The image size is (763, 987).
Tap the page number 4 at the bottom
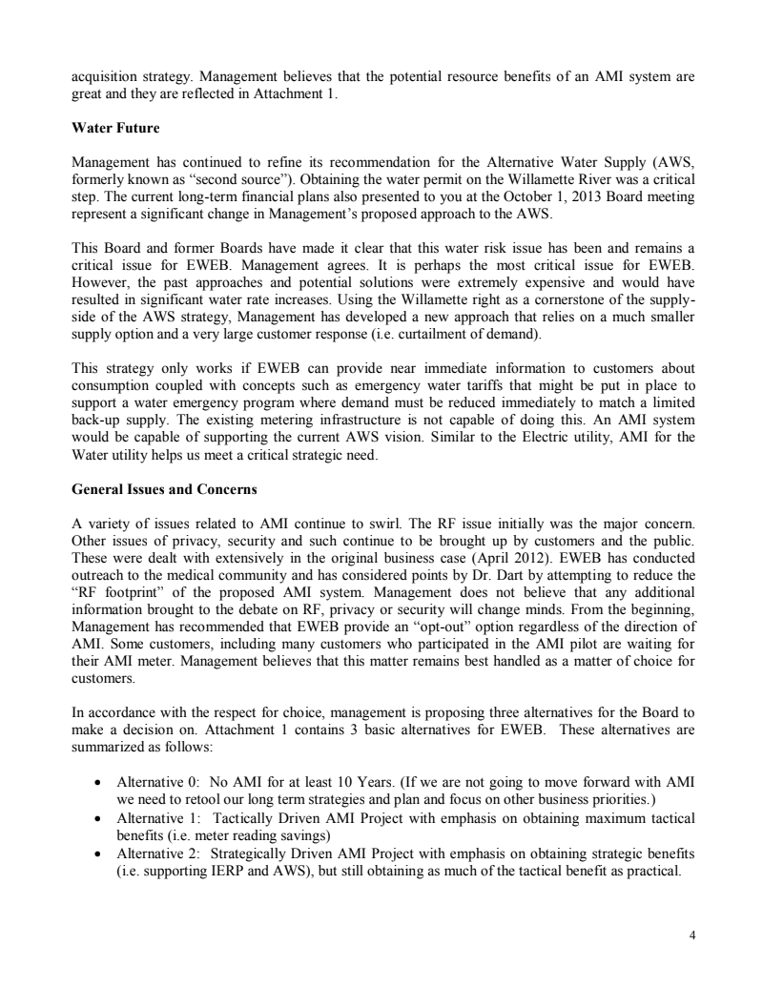pos(691,935)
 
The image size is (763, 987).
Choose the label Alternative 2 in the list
pos(155,862)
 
